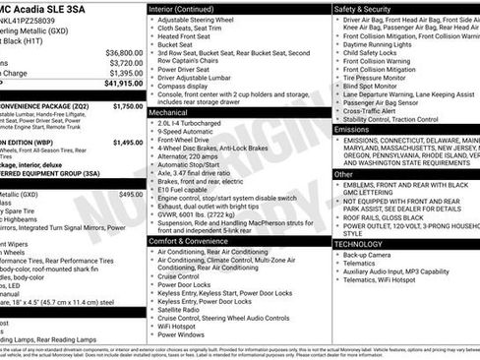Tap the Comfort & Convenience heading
point(197,240)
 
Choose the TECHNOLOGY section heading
point(360,243)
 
